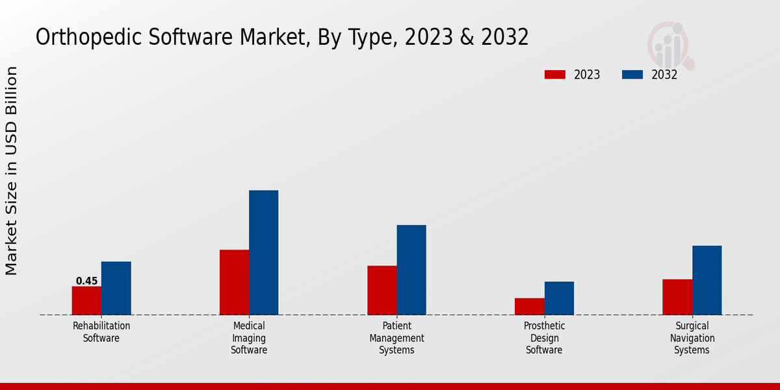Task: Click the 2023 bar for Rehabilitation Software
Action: (86, 300)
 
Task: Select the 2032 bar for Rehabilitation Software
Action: (116, 288)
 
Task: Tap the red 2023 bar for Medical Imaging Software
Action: (234, 282)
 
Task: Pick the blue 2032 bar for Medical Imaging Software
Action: (263, 252)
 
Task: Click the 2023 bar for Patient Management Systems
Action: (382, 290)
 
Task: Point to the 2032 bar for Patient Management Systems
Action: (411, 270)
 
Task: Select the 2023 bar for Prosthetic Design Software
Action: (529, 306)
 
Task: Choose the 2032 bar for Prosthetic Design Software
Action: (559, 298)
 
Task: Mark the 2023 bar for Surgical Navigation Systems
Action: (677, 297)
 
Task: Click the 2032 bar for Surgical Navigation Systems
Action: (707, 280)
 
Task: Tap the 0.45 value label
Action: (86, 281)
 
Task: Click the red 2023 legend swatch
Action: (555, 75)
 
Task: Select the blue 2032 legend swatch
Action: (632, 75)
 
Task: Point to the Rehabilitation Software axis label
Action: (101, 331)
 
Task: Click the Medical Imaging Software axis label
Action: (249, 338)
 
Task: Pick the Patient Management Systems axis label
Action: (396, 338)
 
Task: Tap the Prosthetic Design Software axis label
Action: (544, 338)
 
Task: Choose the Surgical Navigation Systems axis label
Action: (692, 338)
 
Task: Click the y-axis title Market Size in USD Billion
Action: (12, 170)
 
